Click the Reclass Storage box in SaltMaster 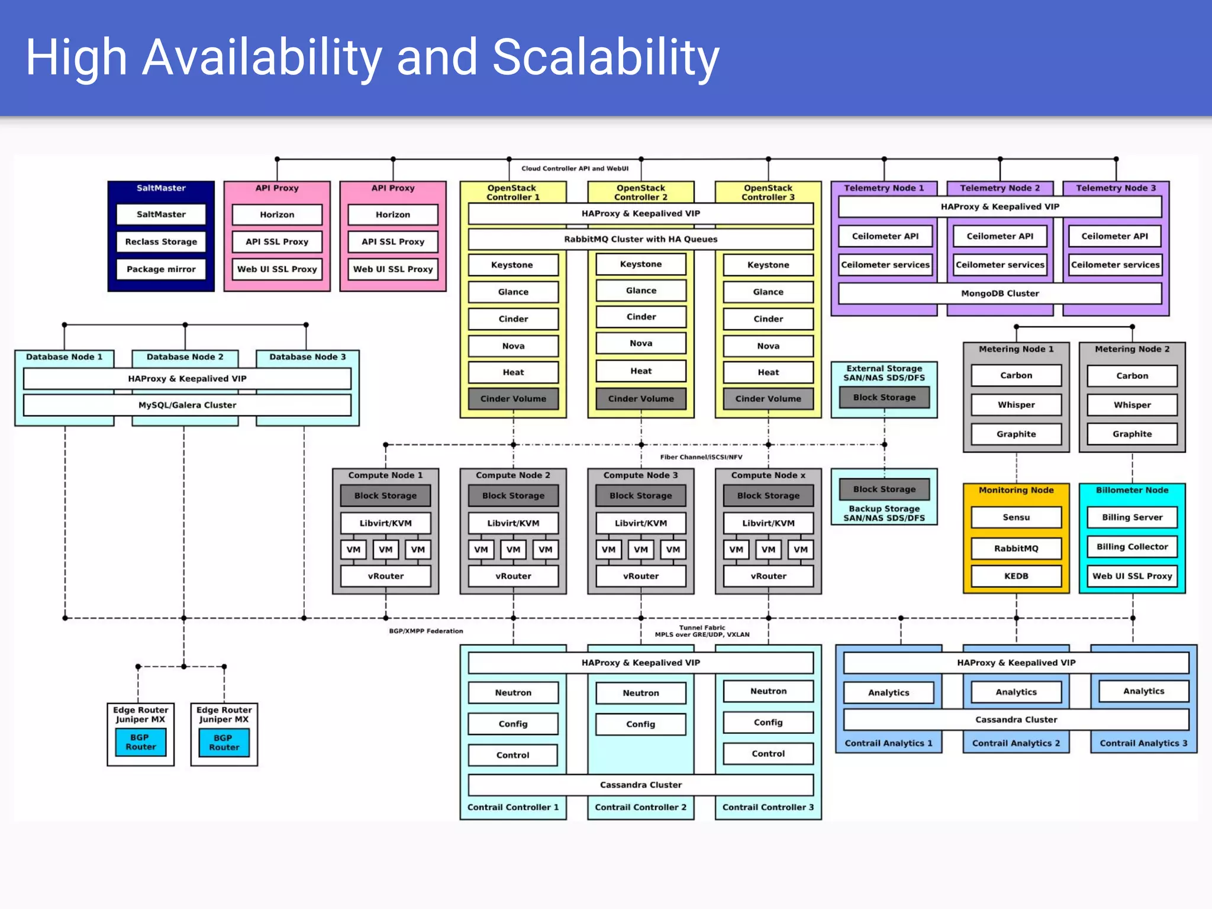[x=161, y=241]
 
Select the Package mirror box [x=161, y=269]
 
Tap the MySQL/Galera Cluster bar [x=187, y=405]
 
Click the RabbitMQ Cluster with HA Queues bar [x=640, y=239]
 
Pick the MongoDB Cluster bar [x=1000, y=293]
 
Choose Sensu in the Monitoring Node [x=1016, y=517]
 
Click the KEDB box [x=1016, y=576]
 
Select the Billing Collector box [x=1132, y=547]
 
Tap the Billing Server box [x=1132, y=517]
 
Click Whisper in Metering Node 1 [x=1016, y=405]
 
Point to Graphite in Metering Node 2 [x=1132, y=434]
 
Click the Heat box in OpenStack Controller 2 [x=641, y=371]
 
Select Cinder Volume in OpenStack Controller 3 [x=768, y=399]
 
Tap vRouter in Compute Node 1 [x=386, y=576]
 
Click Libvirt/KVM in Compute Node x [x=768, y=523]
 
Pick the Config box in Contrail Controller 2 [x=641, y=724]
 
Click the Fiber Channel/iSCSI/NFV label [x=701, y=457]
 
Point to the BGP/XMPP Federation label [x=426, y=631]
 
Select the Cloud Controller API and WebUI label [x=575, y=169]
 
